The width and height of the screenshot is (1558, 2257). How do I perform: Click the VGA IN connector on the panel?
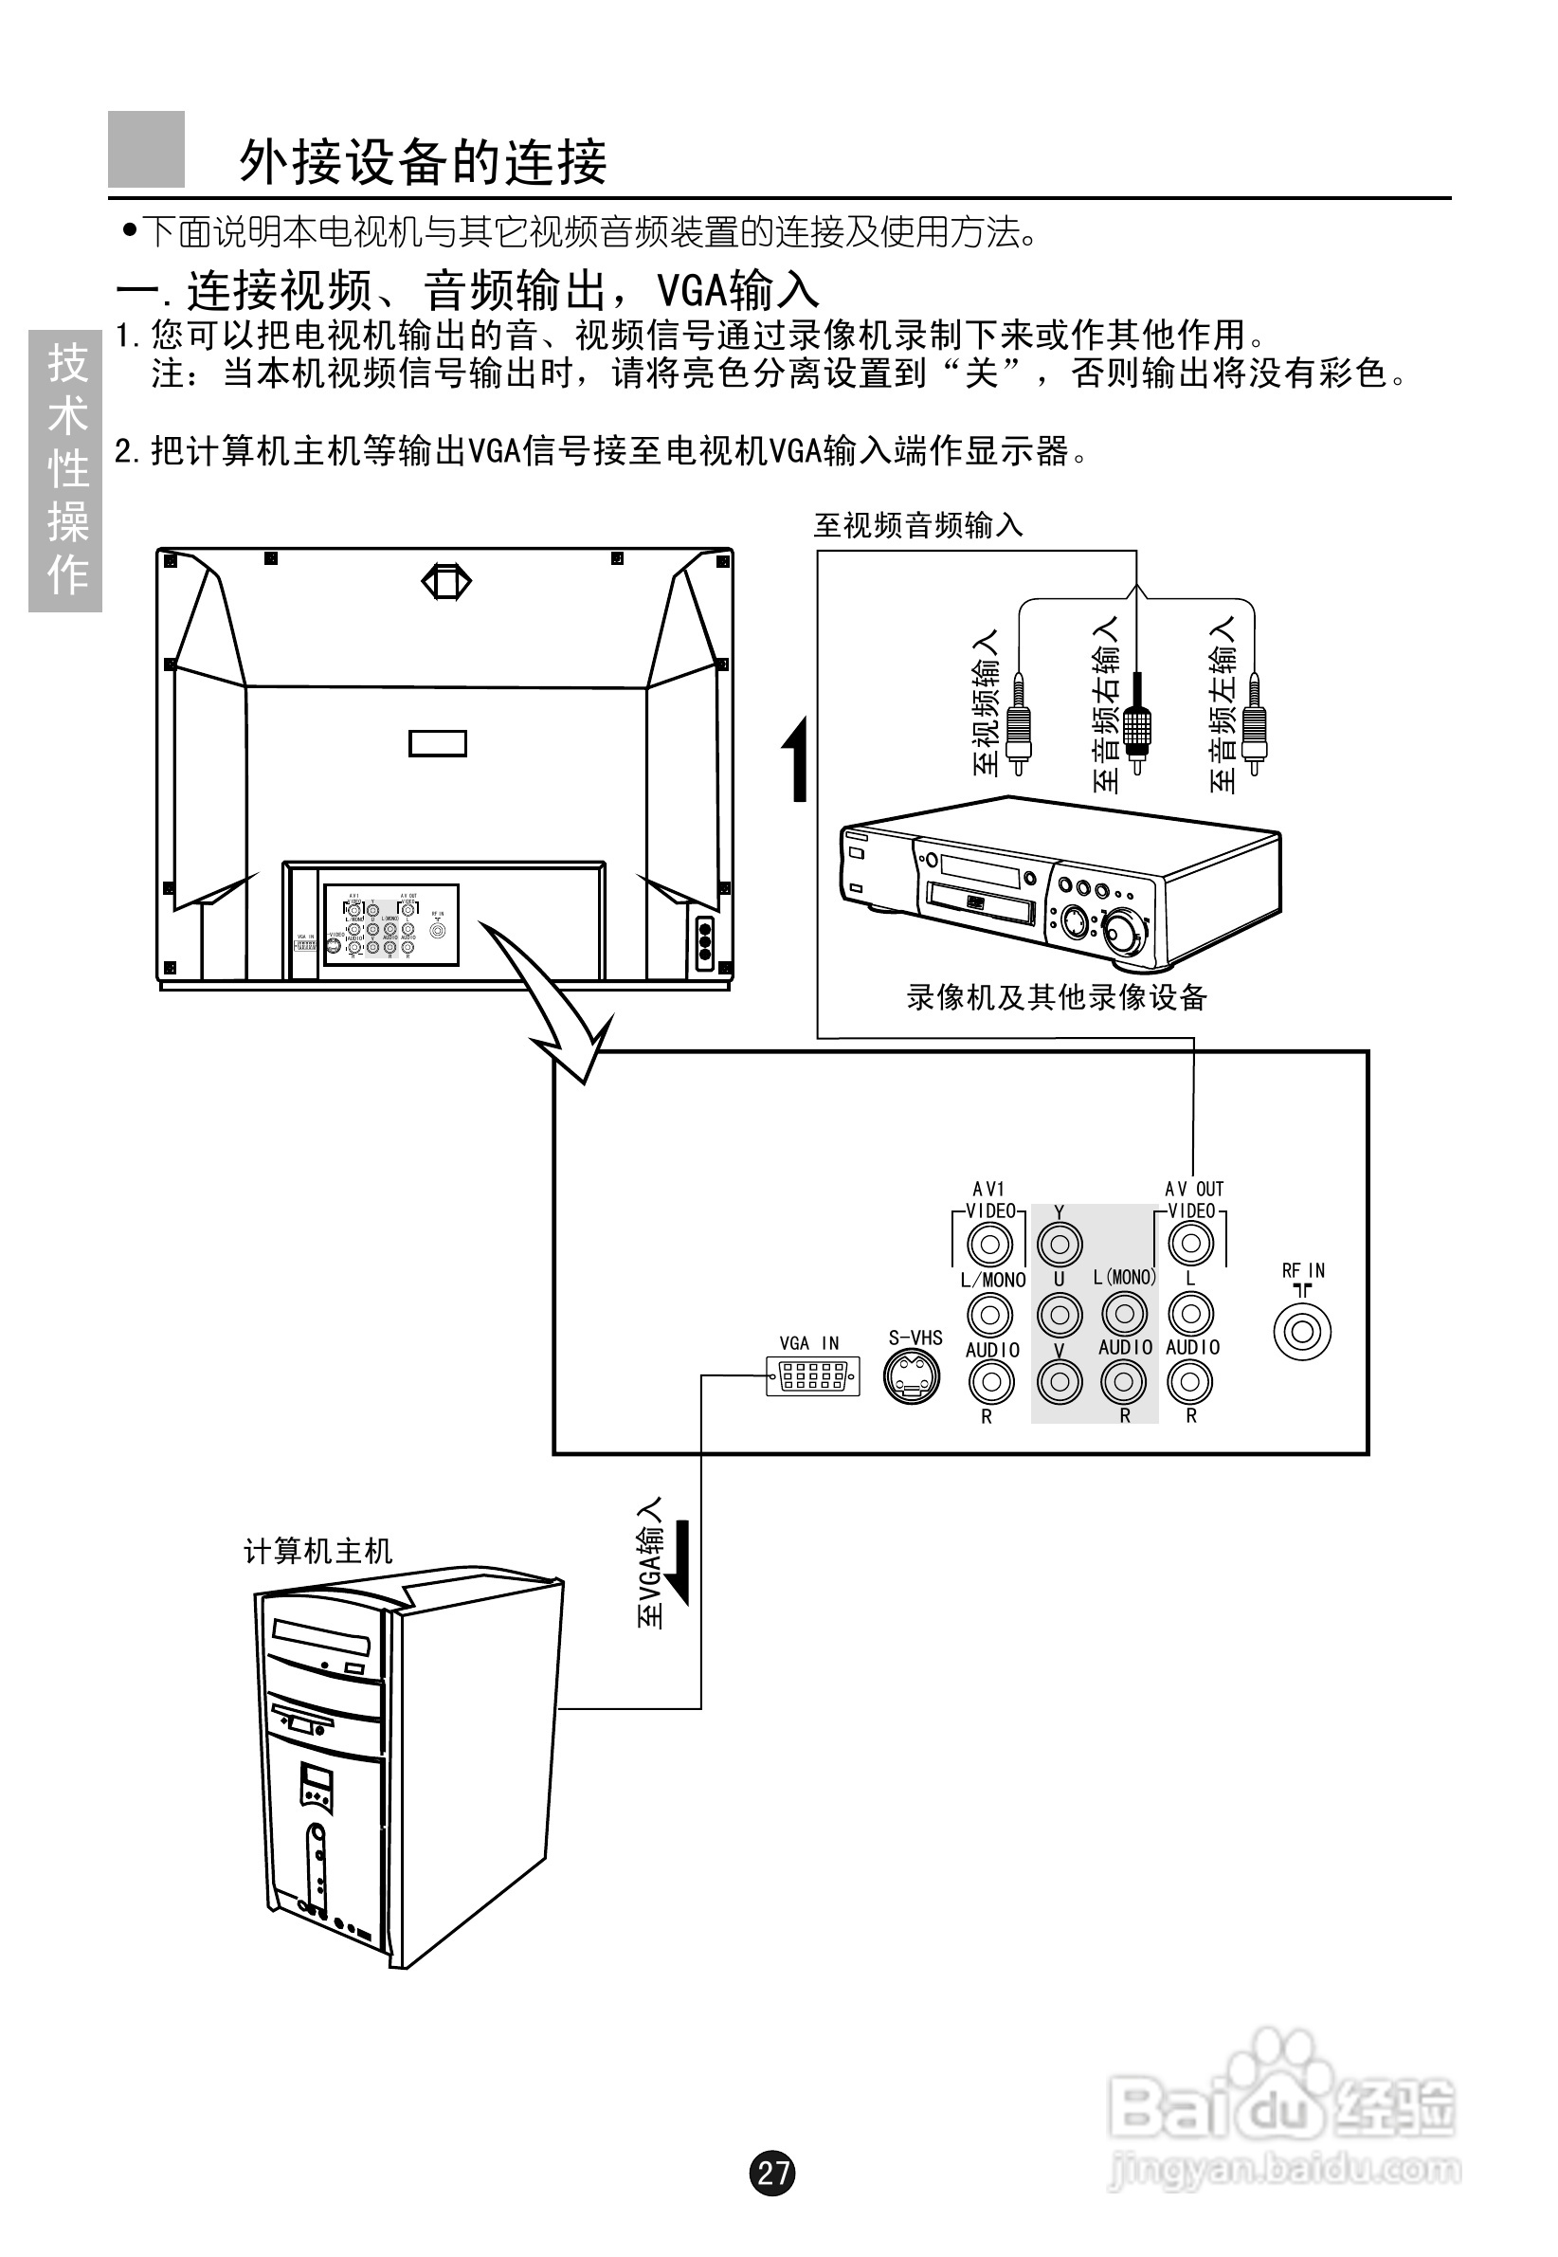tap(812, 1375)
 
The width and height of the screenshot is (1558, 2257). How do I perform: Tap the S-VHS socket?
tap(912, 1376)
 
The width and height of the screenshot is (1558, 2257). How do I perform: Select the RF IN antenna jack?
tap(1302, 1331)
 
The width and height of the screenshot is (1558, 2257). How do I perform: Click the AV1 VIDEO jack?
tap(989, 1244)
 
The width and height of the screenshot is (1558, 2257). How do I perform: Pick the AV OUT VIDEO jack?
tap(1190, 1243)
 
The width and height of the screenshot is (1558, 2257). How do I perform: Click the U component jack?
tap(1060, 1314)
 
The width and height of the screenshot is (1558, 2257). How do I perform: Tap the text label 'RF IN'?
tap(1302, 1270)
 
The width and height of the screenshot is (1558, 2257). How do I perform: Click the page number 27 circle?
tap(772, 2172)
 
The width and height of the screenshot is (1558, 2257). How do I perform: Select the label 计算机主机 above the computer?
tap(317, 1550)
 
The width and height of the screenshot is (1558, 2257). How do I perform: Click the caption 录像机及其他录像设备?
tap(1057, 996)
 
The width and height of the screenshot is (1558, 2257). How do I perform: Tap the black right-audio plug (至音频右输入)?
tap(1136, 722)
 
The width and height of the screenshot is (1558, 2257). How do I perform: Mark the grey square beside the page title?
tap(147, 150)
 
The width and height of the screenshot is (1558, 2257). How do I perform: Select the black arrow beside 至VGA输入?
tap(680, 1561)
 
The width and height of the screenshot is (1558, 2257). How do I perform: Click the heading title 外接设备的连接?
tap(423, 161)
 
